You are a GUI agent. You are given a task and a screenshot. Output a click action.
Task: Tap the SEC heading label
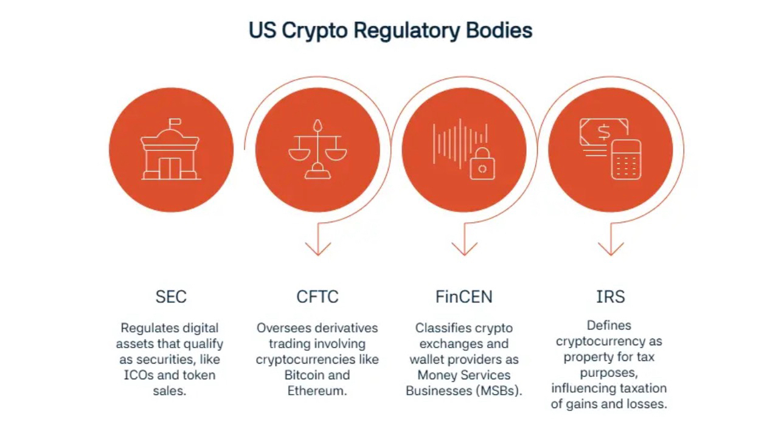point(171,296)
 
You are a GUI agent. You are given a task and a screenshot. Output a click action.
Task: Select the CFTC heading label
point(317,296)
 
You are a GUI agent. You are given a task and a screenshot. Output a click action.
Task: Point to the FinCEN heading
point(463,296)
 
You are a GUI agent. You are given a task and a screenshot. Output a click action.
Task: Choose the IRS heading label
point(610,296)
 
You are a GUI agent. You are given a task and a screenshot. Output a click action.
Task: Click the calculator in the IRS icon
point(626,160)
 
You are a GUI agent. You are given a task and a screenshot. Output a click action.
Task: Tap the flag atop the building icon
point(175,123)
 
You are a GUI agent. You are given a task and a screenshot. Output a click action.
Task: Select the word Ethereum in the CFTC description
point(317,391)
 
